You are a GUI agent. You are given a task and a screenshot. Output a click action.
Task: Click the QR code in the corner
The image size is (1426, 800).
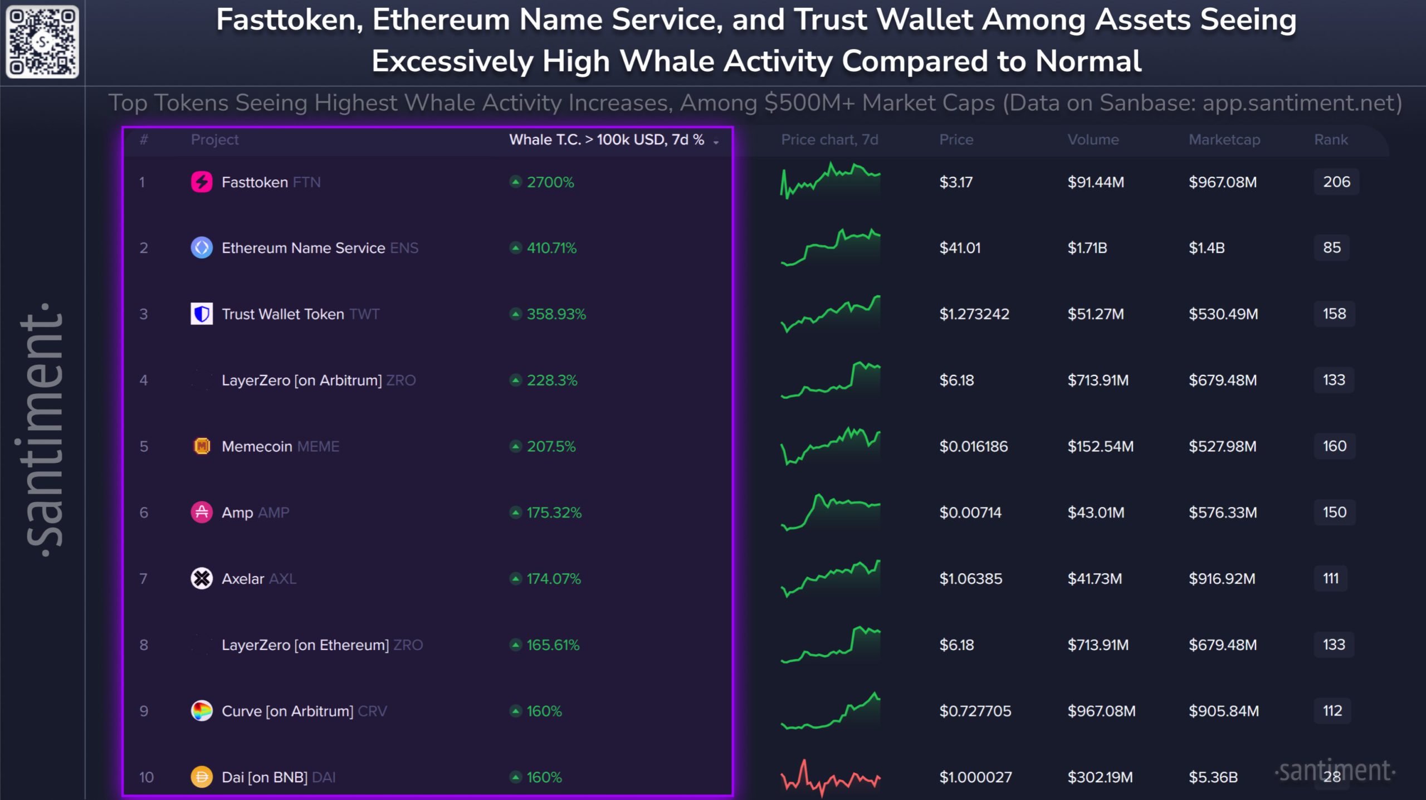tap(42, 42)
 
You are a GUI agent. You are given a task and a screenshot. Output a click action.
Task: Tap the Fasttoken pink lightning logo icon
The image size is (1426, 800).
tap(202, 182)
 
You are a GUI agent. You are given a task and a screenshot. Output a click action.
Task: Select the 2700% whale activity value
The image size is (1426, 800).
tap(550, 182)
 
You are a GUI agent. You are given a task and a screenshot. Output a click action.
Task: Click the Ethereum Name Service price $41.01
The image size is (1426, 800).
tap(960, 248)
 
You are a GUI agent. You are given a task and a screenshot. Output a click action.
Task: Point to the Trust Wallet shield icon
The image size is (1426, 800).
tap(202, 314)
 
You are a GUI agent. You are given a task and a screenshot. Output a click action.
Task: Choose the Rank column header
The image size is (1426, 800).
tap(1331, 139)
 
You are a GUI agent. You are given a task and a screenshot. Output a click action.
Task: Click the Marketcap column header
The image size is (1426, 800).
tap(1224, 139)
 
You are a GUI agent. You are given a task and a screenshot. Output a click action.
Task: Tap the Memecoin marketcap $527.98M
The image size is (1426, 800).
tap(1223, 446)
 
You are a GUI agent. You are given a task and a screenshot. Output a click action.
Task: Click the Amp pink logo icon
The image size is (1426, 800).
tap(202, 513)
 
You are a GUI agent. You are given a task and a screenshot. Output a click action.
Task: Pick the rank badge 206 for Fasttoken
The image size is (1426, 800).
tap(1336, 182)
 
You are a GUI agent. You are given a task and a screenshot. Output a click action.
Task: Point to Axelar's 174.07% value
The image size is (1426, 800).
tap(554, 579)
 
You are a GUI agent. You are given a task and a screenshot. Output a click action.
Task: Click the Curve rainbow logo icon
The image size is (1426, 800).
tap(202, 711)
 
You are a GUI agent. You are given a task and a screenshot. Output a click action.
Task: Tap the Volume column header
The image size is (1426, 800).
tap(1093, 139)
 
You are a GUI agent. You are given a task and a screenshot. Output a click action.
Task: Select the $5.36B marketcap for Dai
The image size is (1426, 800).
tap(1213, 777)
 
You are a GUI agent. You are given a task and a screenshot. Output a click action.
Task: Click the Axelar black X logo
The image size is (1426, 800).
tap(202, 579)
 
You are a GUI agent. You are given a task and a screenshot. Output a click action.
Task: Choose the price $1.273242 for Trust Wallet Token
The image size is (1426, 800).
tap(974, 314)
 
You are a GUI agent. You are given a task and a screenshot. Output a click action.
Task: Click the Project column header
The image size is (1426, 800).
tap(214, 140)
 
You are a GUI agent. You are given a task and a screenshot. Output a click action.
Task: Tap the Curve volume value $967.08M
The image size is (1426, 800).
tap(1101, 711)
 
